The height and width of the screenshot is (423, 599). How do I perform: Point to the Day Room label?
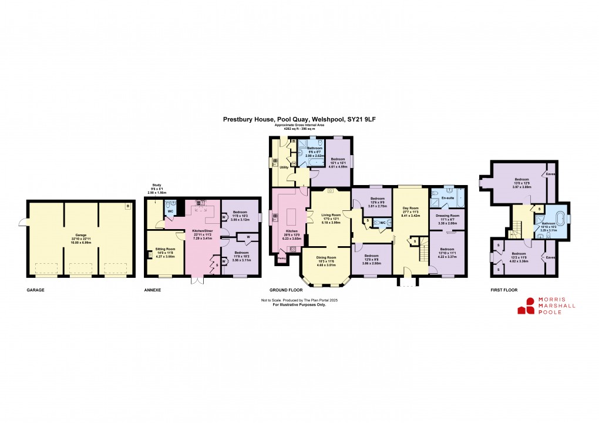point(410,208)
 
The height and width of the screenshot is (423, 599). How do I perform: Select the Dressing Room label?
point(447,217)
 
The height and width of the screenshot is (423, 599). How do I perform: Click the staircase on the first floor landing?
point(516,226)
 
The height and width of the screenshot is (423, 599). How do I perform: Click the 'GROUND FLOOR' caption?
point(285,290)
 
